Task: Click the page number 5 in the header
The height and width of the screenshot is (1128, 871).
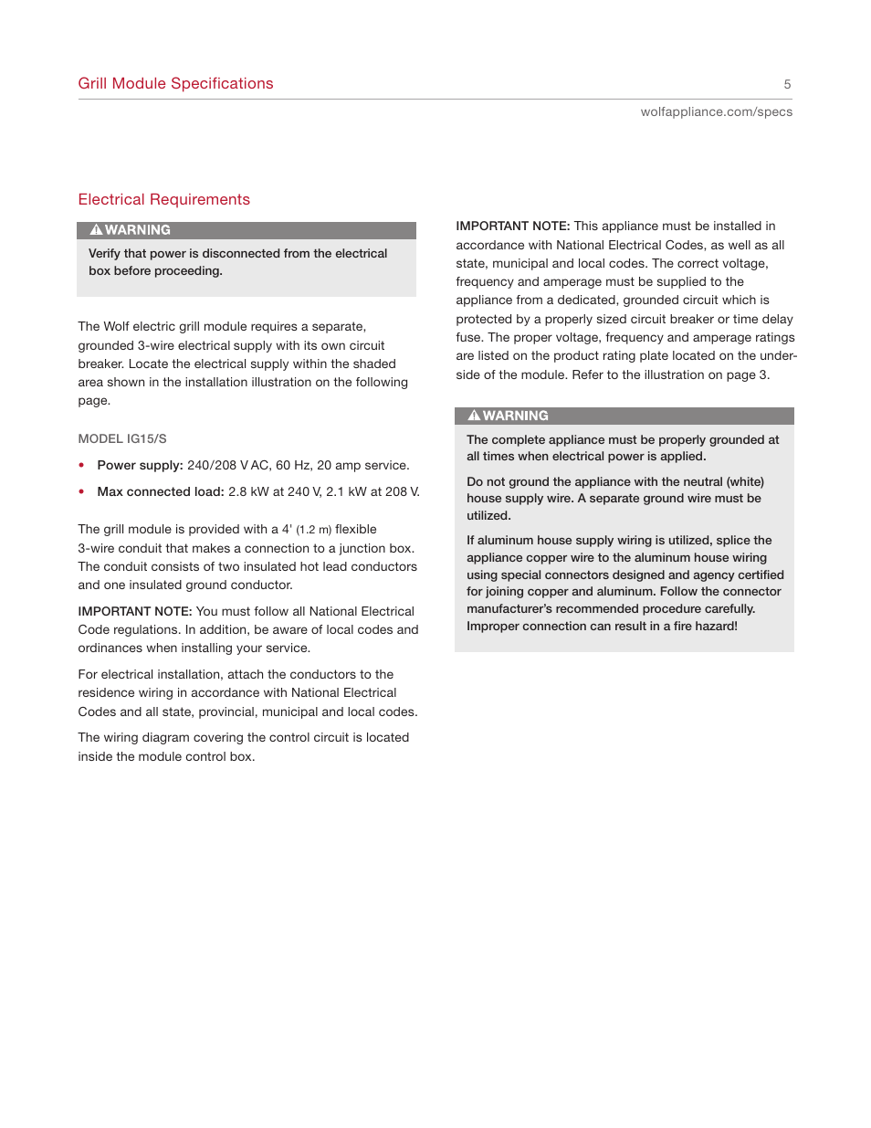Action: pos(787,84)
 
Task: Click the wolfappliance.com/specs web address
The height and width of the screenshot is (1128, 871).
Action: pos(716,111)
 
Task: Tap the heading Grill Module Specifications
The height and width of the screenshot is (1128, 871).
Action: pos(175,83)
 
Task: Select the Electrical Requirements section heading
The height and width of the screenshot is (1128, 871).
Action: pos(163,199)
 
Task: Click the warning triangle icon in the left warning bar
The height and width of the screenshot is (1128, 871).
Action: pos(96,230)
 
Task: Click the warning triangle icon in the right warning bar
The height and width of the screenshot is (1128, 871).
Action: pos(474,416)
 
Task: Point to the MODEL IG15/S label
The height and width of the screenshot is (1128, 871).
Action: pos(122,438)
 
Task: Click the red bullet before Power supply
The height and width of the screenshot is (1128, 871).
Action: pos(82,465)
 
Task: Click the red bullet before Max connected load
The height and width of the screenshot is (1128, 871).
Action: pos(82,491)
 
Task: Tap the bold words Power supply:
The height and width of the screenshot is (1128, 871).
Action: pos(140,465)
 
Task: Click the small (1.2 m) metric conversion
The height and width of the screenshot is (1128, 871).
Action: pos(313,530)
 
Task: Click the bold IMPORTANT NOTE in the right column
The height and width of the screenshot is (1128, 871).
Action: pos(512,226)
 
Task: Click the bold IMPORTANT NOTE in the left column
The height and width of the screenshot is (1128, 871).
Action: pos(134,611)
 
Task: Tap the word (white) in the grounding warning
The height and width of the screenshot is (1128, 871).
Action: pos(745,481)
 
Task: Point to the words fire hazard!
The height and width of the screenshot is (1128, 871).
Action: pos(705,626)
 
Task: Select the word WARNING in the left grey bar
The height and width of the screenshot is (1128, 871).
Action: pos(137,230)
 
